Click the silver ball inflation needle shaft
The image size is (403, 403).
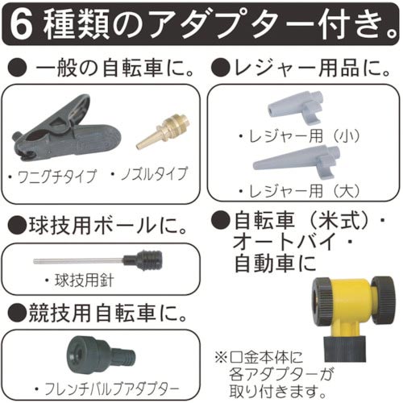point(77,260)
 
